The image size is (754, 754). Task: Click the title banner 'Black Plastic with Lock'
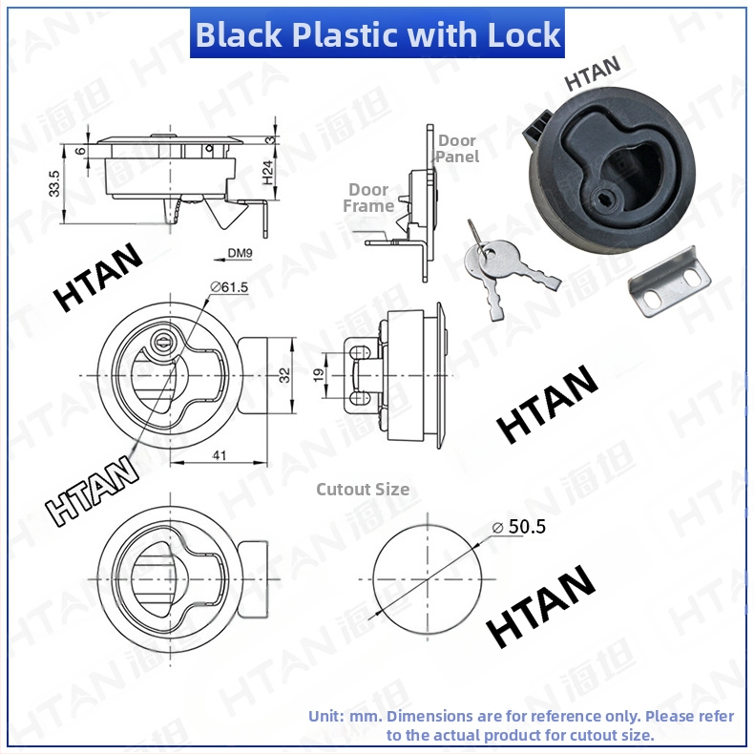pos(377,34)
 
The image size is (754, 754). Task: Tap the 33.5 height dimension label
pos(54,183)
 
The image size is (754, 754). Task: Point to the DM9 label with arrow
pos(233,255)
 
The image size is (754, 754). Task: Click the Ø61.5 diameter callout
pos(229,287)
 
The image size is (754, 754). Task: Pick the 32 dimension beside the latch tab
pos(284,374)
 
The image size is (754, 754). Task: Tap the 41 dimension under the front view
pos(220,454)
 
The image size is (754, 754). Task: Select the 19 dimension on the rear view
pos(319,375)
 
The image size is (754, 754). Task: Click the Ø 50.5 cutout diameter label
pos(519,527)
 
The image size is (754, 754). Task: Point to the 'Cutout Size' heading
pos(363,489)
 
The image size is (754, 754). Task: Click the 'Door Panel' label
pos(457,149)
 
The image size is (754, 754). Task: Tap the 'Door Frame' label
pos(368,198)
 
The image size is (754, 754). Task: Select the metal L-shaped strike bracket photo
pos(670,282)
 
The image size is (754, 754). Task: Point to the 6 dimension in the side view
pos(81,151)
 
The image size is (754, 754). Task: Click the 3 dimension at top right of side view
pos(270,140)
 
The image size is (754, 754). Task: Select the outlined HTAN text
pos(92,490)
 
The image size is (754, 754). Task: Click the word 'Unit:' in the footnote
pos(326,716)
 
